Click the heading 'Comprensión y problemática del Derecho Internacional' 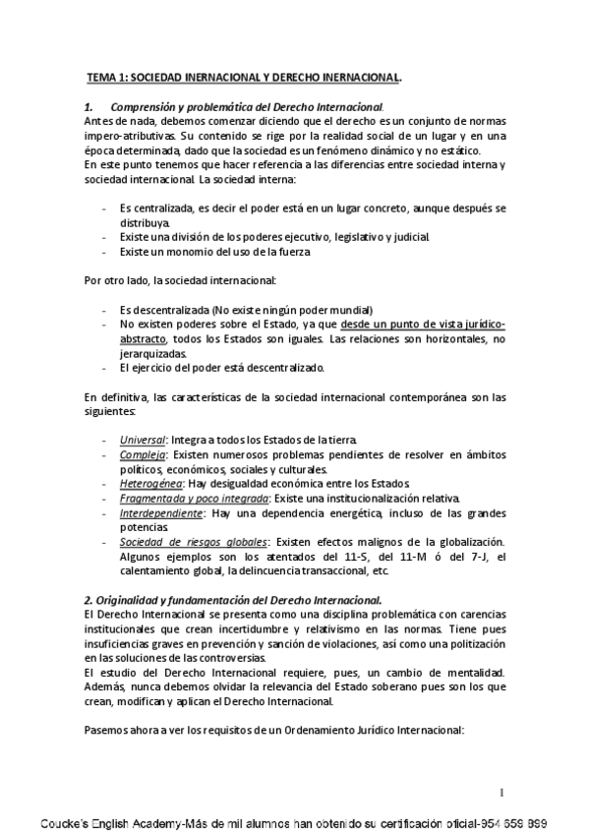coord(245,106)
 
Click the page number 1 coord(501,793)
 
